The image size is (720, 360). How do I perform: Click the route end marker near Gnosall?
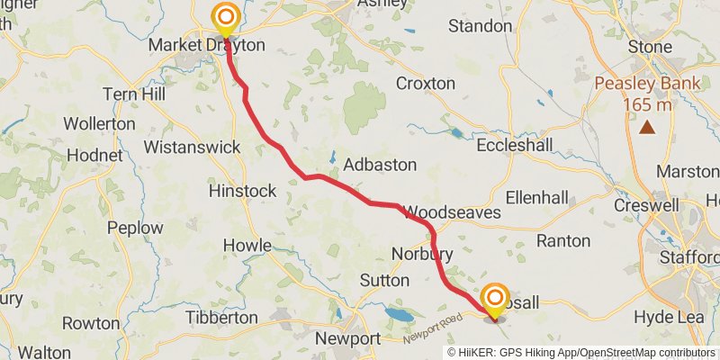coord(495,298)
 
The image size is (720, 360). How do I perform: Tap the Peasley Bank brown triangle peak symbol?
coord(647,127)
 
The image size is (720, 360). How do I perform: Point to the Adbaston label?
coord(381,165)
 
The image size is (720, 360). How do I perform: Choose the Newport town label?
coord(347,338)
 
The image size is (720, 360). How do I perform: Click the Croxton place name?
coord(426,83)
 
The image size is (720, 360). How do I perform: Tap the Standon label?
coord(480,25)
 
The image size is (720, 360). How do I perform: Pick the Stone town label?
coord(650,46)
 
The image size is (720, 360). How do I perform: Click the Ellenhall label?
coord(537,196)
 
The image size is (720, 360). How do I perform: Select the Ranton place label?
coord(563,240)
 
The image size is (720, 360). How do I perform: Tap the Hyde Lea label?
coord(667,317)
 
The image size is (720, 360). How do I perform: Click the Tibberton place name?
coord(220,318)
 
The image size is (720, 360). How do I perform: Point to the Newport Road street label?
coord(428,334)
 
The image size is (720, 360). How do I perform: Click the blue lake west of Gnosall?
coord(395,314)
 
